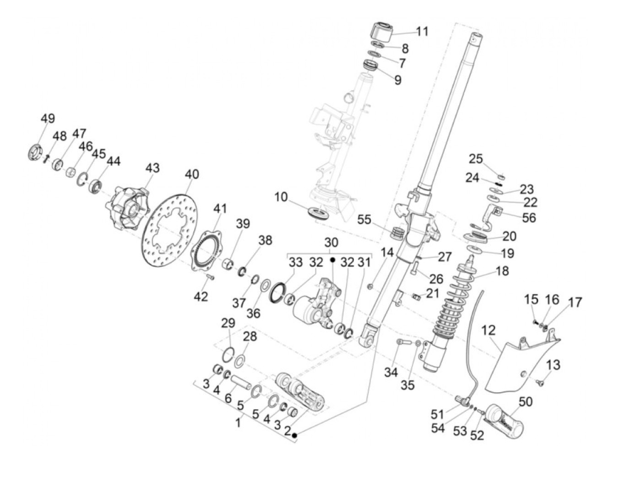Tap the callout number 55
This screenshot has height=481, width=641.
[364, 220]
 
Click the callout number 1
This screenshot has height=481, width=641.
[238, 422]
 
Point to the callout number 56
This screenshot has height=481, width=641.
[528, 217]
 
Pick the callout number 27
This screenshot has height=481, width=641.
[445, 257]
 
